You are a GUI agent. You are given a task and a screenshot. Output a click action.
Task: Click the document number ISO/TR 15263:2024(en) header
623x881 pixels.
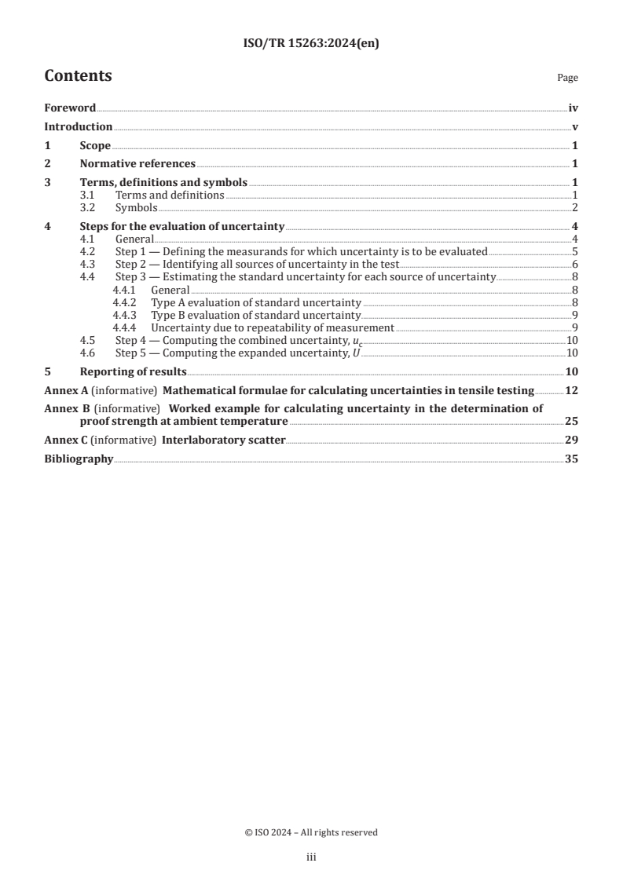pyautogui.click(x=311, y=44)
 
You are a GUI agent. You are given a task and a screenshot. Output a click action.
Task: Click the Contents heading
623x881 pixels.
pyautogui.click(x=78, y=76)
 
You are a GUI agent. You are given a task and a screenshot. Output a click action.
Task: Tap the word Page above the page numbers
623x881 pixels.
pyautogui.click(x=567, y=78)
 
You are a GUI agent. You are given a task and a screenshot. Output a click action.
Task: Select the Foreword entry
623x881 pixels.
pyautogui.click(x=70, y=108)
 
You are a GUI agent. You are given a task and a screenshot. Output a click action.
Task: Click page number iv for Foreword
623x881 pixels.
pyautogui.click(x=574, y=108)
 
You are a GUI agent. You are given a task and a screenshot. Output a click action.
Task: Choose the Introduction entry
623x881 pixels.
pyautogui.click(x=78, y=126)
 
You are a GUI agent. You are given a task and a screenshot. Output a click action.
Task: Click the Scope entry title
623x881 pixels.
pyautogui.click(x=95, y=145)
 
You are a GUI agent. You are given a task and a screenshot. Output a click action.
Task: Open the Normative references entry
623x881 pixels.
pyautogui.click(x=137, y=163)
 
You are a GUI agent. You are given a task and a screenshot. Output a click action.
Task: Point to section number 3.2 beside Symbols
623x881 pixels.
pyautogui.click(x=90, y=207)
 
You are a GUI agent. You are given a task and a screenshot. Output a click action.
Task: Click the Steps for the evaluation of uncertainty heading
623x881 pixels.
pyautogui.click(x=181, y=226)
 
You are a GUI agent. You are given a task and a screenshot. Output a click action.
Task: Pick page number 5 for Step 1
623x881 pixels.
pyautogui.click(x=575, y=252)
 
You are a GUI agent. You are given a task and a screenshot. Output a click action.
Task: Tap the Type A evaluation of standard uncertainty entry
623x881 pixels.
pyautogui.click(x=256, y=302)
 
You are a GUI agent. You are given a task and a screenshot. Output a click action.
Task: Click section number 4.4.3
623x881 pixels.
pyautogui.click(x=124, y=315)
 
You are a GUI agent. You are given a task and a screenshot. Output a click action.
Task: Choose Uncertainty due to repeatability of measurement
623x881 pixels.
pyautogui.click(x=272, y=327)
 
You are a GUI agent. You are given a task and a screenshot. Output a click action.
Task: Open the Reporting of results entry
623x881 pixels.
pyautogui.click(x=133, y=371)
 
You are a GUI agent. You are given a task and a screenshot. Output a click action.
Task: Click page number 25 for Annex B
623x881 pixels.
pyautogui.click(x=572, y=421)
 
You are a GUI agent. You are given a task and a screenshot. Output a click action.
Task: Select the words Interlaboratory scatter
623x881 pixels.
pyautogui.click(x=223, y=440)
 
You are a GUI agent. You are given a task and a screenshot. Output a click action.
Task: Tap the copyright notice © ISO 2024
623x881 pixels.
pyautogui.click(x=311, y=832)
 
